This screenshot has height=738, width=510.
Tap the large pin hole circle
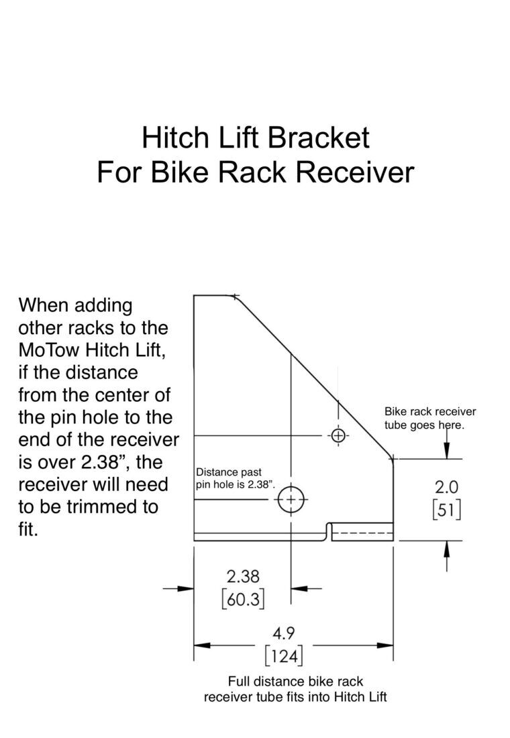tap(291, 498)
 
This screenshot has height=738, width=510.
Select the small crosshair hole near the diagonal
tap(338, 436)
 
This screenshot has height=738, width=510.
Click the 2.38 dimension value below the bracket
tap(243, 576)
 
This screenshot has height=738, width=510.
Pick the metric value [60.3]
tap(243, 598)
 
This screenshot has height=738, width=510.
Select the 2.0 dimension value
tap(446, 486)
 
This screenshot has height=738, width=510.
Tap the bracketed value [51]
tap(446, 510)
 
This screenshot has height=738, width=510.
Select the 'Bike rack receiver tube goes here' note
tap(429, 419)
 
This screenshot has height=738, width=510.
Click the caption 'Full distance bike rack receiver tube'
tap(295, 689)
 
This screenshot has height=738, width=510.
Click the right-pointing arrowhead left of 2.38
tap(186, 588)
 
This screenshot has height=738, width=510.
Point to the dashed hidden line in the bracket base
tap(362, 534)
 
